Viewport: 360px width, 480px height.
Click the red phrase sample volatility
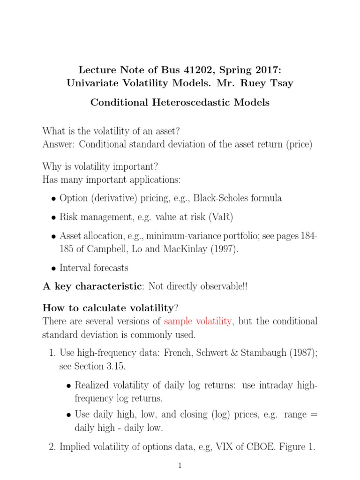(197, 322)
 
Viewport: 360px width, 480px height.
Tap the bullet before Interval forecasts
(53, 269)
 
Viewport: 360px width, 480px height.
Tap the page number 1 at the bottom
(180, 465)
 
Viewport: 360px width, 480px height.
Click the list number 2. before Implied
(52, 448)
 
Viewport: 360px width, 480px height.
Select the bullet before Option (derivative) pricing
(53, 199)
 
